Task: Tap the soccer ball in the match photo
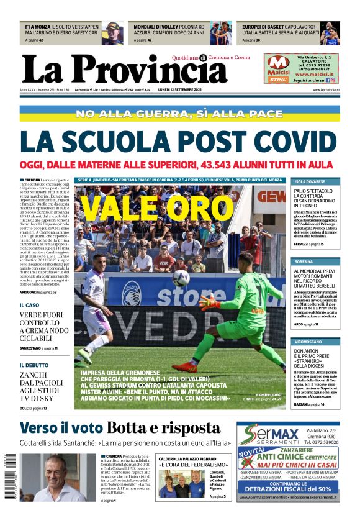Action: [181, 278]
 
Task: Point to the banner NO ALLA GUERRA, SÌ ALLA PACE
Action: [180, 114]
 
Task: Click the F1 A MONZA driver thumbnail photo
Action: [112, 33]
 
